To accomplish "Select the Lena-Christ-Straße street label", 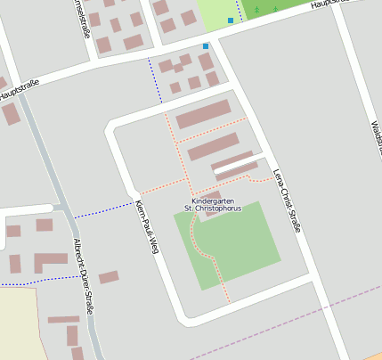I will (x=286, y=201).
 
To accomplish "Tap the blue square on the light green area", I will (x=231, y=20).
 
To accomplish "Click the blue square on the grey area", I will (x=206, y=45).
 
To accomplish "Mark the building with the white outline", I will (x=234, y=166).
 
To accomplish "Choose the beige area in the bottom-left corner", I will (x=18, y=325).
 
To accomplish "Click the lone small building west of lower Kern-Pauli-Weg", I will (x=109, y=277).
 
